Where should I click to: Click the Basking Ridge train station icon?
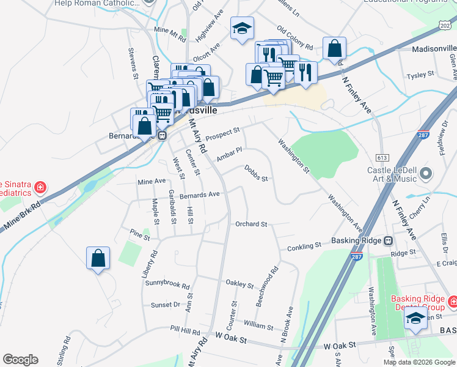(x=389, y=240)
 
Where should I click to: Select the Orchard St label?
(x=252, y=224)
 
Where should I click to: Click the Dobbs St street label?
(x=256, y=173)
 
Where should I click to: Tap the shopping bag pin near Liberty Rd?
(x=98, y=259)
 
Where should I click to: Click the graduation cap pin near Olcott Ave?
(x=243, y=29)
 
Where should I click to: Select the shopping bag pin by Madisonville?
(x=335, y=49)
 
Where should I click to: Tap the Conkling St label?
(x=304, y=246)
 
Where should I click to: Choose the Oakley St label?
(x=239, y=284)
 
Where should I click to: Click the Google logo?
(x=20, y=360)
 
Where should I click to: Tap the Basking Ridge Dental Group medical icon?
(x=453, y=302)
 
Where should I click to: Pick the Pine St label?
(x=136, y=232)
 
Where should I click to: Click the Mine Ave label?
(x=152, y=182)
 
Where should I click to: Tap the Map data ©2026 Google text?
(x=419, y=361)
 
